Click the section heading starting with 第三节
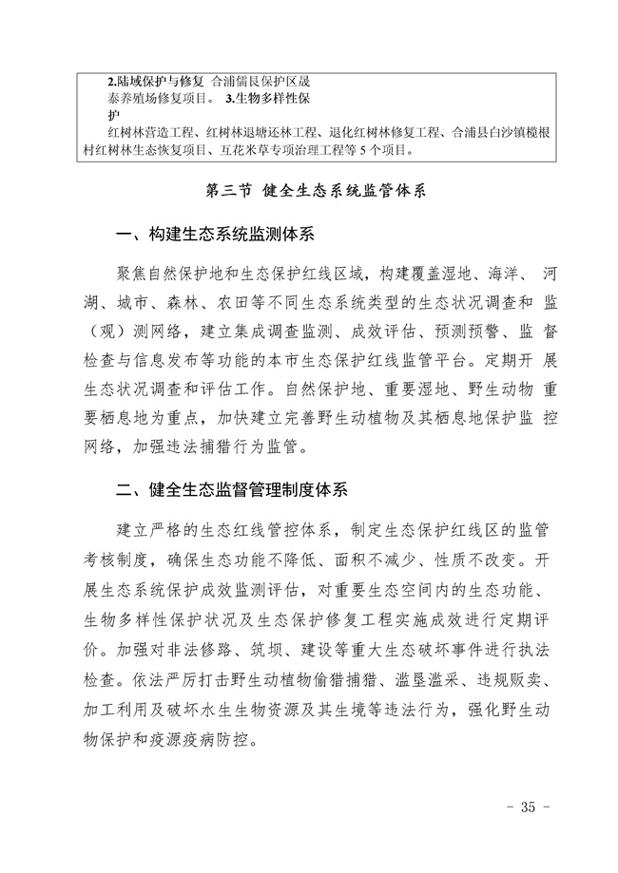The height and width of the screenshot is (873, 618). click(308, 190)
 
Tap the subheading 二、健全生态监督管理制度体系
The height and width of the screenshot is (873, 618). click(232, 490)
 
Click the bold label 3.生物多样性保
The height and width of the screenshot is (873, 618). click(278, 98)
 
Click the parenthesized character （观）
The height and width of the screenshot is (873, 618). click(96, 332)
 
